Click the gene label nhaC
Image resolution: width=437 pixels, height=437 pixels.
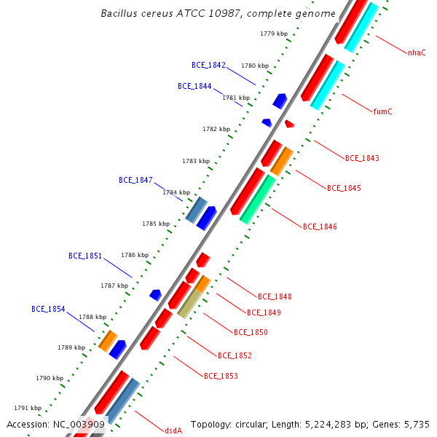pyautogui.click(x=417, y=52)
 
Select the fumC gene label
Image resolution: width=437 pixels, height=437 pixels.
pyautogui.click(x=382, y=111)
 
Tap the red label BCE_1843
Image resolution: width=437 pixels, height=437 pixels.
pyautogui.click(x=362, y=158)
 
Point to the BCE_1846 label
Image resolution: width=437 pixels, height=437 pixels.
pyautogui.click(x=320, y=227)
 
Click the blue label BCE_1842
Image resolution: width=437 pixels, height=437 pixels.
pyautogui.click(x=208, y=65)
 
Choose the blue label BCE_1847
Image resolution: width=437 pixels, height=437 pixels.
pyautogui.click(x=135, y=180)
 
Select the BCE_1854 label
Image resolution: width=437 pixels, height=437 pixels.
pyautogui.click(x=48, y=309)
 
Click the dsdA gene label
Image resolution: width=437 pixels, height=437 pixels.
pyautogui.click(x=173, y=430)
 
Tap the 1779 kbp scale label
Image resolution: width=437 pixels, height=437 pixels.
pyautogui.click(x=273, y=34)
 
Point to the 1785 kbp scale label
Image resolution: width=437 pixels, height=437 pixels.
pyautogui.click(x=156, y=224)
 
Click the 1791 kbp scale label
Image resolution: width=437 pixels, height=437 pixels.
pyautogui.click(x=28, y=408)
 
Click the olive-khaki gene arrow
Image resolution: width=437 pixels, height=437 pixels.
pyautogui.click(x=189, y=303)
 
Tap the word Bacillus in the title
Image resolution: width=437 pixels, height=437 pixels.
pyautogui.click(x=117, y=14)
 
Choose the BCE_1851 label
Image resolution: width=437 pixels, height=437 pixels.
pyautogui.click(x=85, y=256)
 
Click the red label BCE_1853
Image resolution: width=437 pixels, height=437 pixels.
pyautogui.click(x=221, y=376)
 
